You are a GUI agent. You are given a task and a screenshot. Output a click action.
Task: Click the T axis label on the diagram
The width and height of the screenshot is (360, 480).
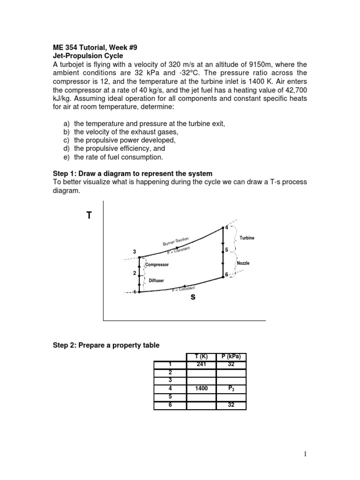tap(89, 216)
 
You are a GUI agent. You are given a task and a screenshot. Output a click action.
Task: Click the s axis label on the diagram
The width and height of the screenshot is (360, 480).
tap(193, 298)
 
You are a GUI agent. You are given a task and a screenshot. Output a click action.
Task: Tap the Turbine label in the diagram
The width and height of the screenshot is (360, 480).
tap(247, 238)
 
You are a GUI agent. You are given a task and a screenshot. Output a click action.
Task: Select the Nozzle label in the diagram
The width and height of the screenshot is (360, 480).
tap(243, 263)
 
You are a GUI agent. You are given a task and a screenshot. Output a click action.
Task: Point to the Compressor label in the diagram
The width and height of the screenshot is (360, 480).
tap(157, 265)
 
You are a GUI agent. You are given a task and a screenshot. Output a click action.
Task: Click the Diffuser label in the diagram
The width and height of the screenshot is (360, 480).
tap(157, 280)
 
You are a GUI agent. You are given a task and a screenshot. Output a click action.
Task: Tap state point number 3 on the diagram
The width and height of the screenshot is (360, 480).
tap(135, 253)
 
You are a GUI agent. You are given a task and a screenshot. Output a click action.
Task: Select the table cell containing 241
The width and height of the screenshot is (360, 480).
tap(202, 363)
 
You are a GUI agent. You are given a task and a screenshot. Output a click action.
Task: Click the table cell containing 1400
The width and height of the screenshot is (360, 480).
tap(202, 389)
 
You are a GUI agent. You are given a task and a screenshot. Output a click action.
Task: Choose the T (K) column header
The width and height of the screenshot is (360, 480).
tap(202, 356)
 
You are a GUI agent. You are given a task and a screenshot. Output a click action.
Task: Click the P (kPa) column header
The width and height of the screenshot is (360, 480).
tap(231, 356)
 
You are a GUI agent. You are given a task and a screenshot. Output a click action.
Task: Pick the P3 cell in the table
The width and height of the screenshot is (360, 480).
tap(231, 389)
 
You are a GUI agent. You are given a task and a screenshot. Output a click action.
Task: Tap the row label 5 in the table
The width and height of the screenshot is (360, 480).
tap(170, 397)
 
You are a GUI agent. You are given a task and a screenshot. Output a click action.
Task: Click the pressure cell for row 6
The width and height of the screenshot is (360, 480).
tap(231, 405)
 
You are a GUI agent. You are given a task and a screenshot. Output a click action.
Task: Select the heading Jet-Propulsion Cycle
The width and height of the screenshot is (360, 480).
tap(87, 56)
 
